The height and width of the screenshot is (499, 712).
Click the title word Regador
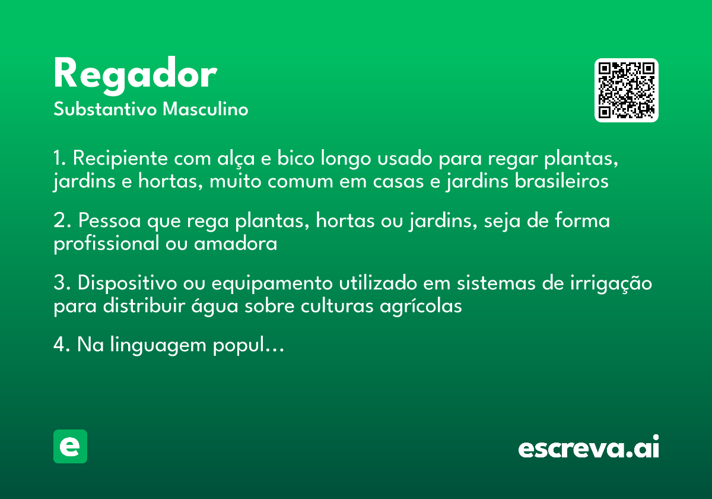[135, 75]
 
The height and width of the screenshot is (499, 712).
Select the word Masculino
[205, 109]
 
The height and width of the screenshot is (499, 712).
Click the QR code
[627, 90]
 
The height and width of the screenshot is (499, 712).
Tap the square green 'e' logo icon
[70, 446]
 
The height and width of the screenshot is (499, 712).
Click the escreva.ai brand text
[589, 448]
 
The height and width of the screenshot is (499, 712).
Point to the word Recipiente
[120, 159]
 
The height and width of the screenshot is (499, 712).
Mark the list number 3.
[59, 283]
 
